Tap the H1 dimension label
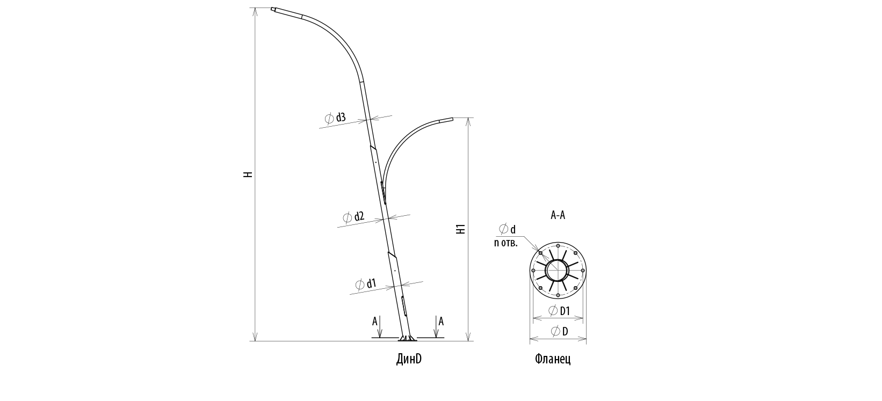tap(461, 229)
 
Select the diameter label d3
tap(335, 118)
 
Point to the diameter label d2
tap(353, 217)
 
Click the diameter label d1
tap(366, 284)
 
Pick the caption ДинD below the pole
tap(409, 359)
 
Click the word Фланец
tap(553, 359)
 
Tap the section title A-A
tap(558, 215)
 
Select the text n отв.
tap(505, 243)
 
